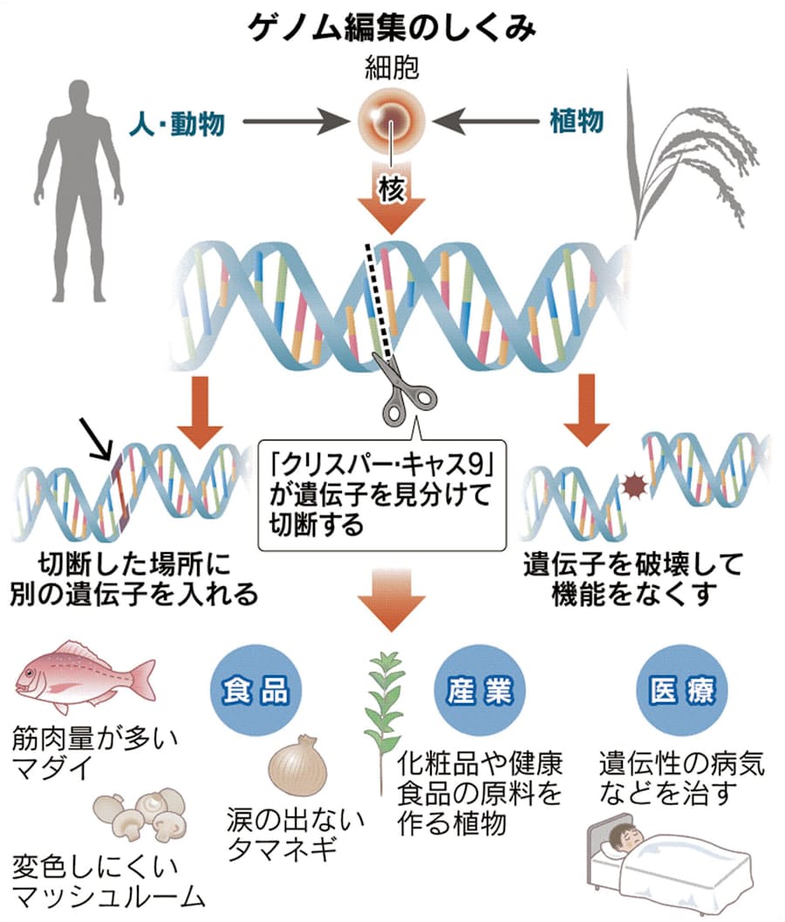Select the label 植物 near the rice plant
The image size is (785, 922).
coord(577,121)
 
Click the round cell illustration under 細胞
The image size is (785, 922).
coord(392,123)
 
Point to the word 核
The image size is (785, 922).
coord(391,189)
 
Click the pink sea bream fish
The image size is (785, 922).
coord(83,676)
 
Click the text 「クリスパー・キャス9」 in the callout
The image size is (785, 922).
coord(383,461)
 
